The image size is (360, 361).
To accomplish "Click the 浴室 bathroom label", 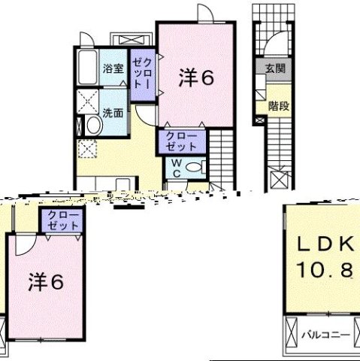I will pos(113,68).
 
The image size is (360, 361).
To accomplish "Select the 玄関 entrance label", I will pos(278,68).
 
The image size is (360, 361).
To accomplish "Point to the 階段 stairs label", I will pos(278,106).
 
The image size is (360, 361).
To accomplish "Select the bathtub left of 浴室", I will pos(86,68).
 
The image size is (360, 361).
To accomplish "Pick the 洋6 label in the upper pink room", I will pos(198,77).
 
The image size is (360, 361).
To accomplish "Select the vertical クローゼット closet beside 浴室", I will pos(143,74).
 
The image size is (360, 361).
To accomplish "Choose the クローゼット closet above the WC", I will pos(181,140).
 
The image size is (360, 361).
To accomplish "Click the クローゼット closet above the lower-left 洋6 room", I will pos(62,220).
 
